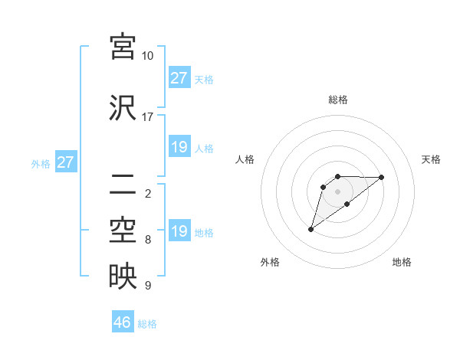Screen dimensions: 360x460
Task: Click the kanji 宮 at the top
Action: click(x=123, y=46)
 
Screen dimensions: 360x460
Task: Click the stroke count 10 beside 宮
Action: click(x=147, y=56)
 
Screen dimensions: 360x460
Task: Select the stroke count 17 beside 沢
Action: click(x=147, y=117)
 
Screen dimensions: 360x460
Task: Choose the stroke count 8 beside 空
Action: click(x=147, y=240)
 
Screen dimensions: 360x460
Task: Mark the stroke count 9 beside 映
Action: click(x=147, y=286)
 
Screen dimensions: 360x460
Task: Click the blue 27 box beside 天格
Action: click(x=179, y=78)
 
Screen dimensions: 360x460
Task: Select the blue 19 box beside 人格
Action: click(x=179, y=147)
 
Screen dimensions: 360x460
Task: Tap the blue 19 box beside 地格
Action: click(x=179, y=231)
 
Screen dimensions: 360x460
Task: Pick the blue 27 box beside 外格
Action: click(x=65, y=162)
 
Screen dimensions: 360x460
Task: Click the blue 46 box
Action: click(x=123, y=322)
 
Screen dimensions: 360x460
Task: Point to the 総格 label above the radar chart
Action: click(x=337, y=100)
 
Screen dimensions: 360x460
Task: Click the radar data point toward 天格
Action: click(x=382, y=177)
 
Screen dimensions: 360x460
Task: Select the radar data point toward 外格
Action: click(x=310, y=229)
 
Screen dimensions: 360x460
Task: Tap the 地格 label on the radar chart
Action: click(x=402, y=263)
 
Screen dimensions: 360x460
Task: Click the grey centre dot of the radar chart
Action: click(x=337, y=191)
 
